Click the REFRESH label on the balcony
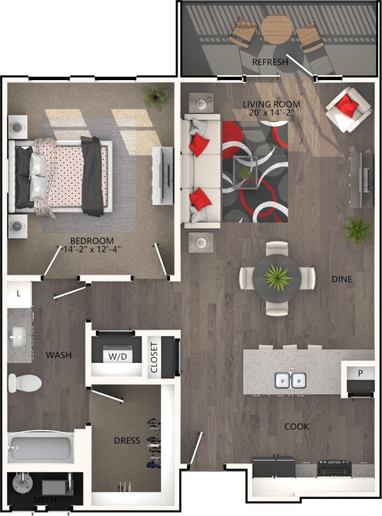coord(270,62)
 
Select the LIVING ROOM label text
coord(271,104)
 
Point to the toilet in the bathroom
coord(24,383)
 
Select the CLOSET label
coord(154,357)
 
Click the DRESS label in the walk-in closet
coord(127,441)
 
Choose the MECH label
coord(45,500)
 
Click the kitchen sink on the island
coord(290,380)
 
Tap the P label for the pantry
coord(360,372)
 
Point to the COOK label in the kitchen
coord(296,426)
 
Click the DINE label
coord(342,279)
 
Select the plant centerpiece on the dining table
coord(277,277)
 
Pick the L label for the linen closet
coord(19,294)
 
